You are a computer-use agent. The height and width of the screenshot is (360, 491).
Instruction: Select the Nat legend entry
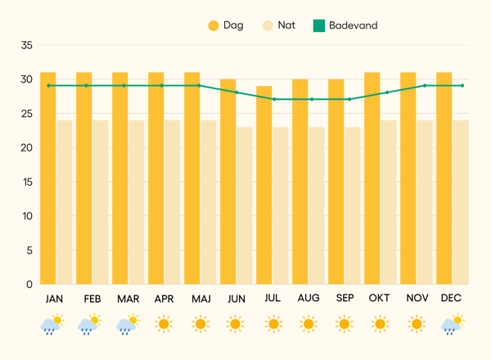click(277, 25)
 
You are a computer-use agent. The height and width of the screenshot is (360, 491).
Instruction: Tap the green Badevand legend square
click(319, 25)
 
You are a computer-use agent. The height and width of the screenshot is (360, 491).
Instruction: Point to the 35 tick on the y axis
click(25, 45)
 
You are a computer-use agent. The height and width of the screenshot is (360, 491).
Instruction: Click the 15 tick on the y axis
click(25, 182)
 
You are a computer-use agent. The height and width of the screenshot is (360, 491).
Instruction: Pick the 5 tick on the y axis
click(29, 250)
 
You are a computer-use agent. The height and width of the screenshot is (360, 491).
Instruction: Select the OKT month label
click(380, 299)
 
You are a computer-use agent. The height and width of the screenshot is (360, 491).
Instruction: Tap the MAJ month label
click(200, 299)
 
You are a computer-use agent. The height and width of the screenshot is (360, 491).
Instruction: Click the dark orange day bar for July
click(264, 185)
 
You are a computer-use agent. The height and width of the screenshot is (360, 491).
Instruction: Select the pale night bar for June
click(245, 205)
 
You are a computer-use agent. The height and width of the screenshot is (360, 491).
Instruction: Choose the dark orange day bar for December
click(444, 178)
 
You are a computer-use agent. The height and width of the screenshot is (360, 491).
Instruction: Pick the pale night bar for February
click(101, 202)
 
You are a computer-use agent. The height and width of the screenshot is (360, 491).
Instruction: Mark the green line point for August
click(311, 99)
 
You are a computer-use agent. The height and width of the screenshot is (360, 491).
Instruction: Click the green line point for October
click(387, 92)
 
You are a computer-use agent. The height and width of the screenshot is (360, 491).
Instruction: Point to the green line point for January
click(49, 85)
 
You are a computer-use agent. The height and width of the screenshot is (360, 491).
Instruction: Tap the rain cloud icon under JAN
click(52, 325)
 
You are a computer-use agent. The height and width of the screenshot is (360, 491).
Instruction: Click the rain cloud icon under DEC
click(451, 325)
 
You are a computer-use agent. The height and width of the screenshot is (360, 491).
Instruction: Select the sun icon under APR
click(164, 325)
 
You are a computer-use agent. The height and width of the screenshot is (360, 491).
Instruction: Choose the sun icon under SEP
click(344, 325)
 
